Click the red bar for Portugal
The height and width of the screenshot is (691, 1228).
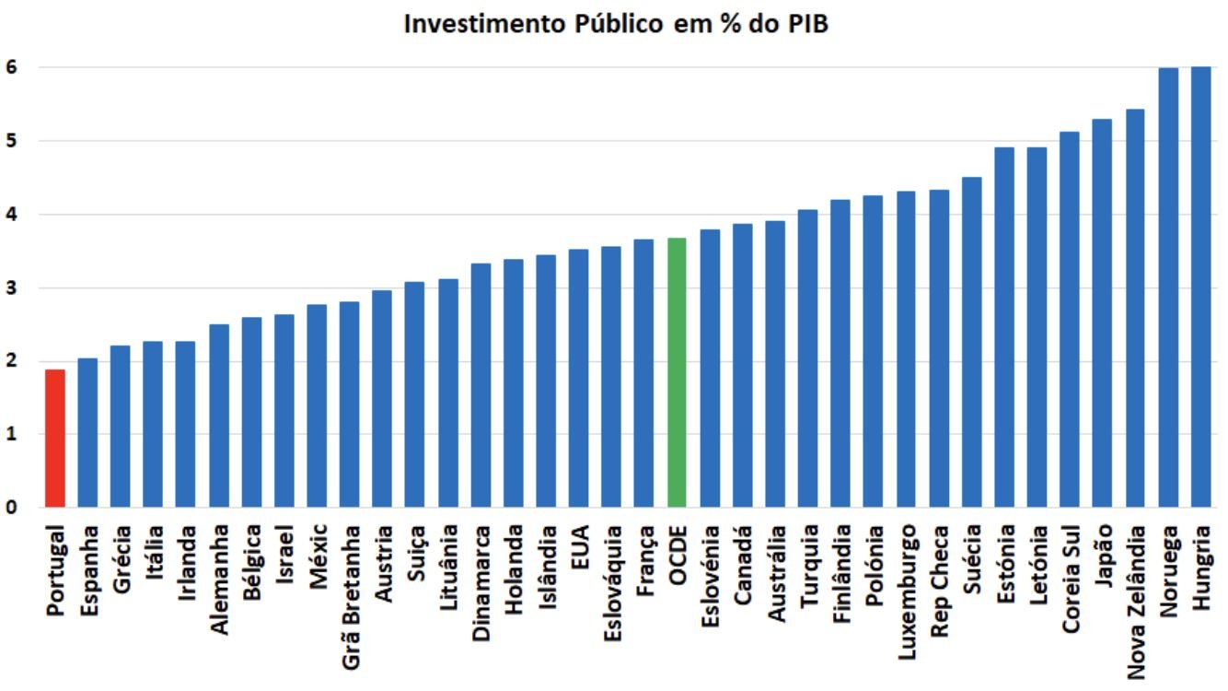coord(55,438)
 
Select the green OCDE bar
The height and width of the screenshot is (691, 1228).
coord(677,372)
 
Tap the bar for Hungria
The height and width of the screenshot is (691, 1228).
coord(1200,287)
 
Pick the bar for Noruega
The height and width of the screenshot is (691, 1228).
coord(1168,287)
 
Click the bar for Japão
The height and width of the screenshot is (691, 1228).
coord(1102,313)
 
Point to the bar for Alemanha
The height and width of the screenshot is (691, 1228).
coord(219,416)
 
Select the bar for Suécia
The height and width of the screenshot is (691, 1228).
coord(971,342)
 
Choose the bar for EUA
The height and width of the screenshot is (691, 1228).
coord(578,378)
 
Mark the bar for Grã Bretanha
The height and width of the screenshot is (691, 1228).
coord(349,404)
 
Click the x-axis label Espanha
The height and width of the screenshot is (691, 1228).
coord(89,571)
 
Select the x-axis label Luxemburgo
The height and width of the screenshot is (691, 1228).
coord(907,592)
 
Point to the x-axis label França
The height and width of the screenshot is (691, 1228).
coord(644,561)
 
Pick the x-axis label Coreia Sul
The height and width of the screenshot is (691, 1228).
coord(1070,579)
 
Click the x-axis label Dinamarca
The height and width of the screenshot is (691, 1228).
coord(481,583)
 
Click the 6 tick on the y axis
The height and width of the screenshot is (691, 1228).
coord(12,67)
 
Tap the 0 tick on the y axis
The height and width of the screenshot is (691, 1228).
coord(12,507)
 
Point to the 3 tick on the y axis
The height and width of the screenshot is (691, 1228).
coord(12,287)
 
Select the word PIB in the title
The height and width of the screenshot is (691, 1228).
coord(808,24)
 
